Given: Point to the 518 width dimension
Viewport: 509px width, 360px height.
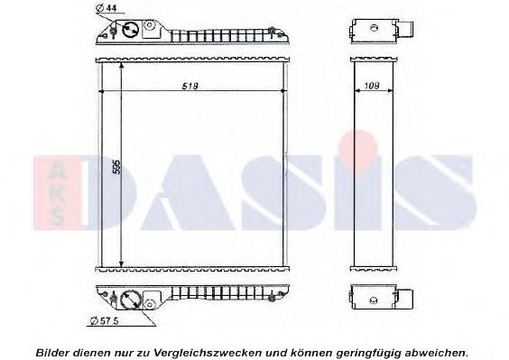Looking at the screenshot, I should (190, 86).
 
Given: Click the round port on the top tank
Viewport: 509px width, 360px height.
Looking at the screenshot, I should (130, 29).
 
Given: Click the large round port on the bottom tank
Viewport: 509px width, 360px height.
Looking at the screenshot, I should (129, 299).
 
